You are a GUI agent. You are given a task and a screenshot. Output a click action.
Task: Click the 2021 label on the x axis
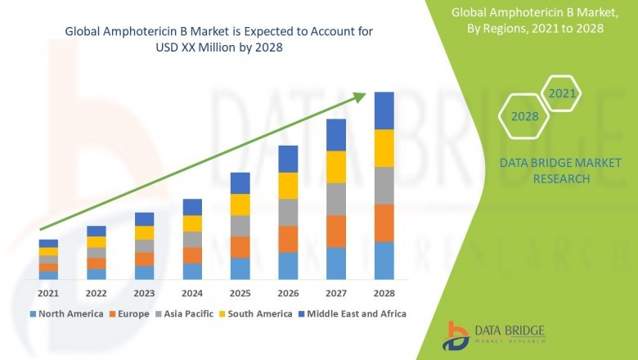[48, 293]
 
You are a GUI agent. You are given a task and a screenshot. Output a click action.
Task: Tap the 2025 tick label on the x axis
[240, 293]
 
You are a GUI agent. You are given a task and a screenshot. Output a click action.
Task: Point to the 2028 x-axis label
[384, 293]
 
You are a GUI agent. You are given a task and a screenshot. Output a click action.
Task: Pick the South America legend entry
[258, 313]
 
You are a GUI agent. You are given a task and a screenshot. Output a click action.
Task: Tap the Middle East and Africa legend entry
[356, 313]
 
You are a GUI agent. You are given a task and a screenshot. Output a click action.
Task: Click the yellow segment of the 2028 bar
[384, 148]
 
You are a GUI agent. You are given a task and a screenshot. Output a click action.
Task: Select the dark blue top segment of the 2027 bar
[336, 135]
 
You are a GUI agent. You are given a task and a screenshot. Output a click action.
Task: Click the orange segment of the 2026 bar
[288, 239]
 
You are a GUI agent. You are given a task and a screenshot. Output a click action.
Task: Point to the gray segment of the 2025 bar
[240, 226]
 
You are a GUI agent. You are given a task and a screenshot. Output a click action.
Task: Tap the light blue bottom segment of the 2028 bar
[384, 261]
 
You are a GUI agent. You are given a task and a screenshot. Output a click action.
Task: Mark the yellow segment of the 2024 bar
[192, 223]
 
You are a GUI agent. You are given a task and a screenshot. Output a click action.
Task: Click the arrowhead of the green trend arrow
[360, 97]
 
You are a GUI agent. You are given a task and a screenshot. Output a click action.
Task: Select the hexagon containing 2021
[562, 94]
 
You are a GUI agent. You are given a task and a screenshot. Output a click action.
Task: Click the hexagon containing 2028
[524, 117]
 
